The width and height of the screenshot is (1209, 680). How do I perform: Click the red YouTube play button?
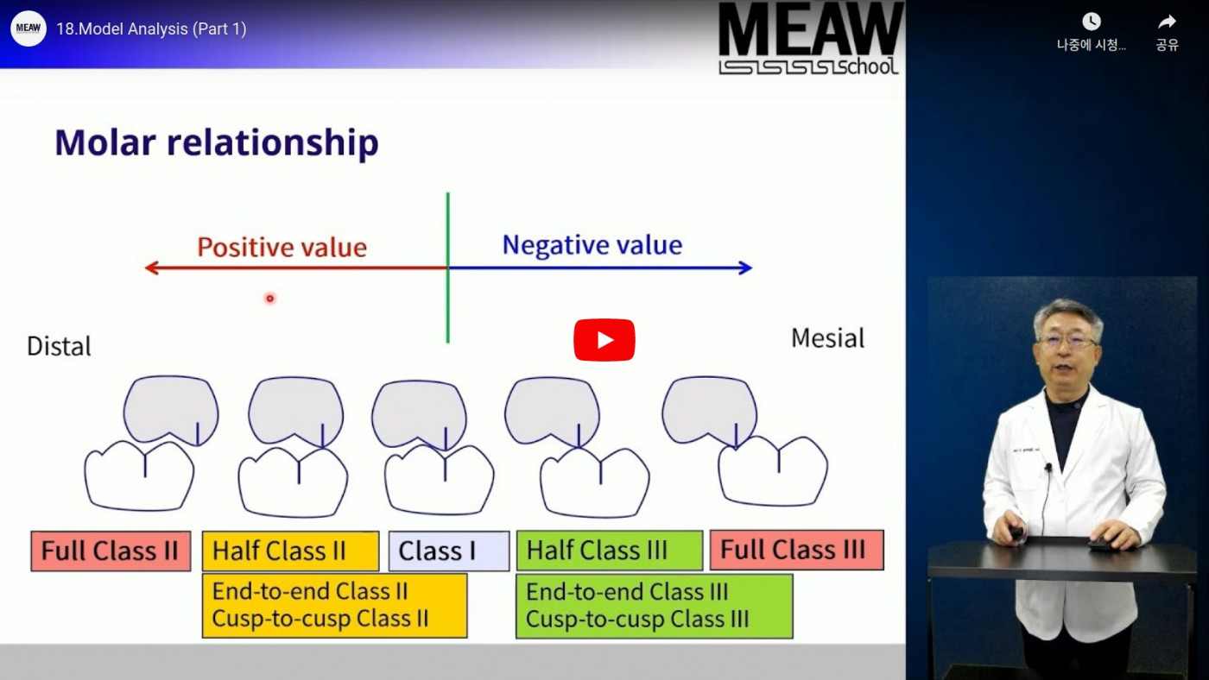pos(604,340)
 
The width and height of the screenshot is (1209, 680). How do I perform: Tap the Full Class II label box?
pos(111,551)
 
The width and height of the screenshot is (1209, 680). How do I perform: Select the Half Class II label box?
pos(290,551)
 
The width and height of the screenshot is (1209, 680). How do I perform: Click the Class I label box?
pos(448,551)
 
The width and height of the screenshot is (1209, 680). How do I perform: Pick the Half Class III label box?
pos(610,550)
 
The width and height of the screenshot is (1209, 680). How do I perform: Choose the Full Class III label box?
pos(796,550)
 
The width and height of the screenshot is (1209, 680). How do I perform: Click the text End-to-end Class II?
pos(310,591)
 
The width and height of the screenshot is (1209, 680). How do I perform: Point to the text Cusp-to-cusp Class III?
pos(637,619)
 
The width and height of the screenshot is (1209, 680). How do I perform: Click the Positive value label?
pos(282,248)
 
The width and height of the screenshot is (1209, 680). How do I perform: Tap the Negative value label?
pos(592,245)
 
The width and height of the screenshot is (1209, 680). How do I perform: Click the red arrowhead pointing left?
pos(152,268)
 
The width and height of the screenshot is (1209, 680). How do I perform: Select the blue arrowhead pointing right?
pos(745,268)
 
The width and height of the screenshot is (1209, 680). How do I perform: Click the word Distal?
pos(59,346)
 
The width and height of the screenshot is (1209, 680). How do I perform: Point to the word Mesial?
pos(827,338)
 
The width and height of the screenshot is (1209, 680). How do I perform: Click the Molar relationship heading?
pos(217,143)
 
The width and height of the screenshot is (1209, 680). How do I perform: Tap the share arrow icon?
pos(1167,22)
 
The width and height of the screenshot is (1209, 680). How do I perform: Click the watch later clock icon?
pos(1092,22)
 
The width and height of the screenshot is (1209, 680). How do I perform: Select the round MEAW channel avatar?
pos(28,28)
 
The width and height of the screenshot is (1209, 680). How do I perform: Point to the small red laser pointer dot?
pos(269,299)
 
